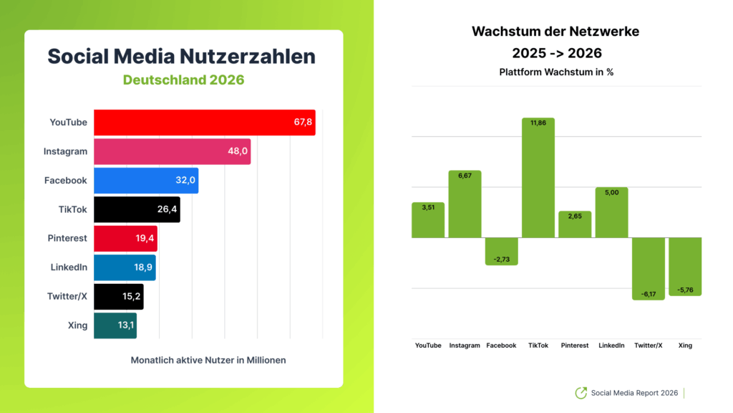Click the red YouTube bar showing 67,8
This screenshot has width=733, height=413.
click(204, 123)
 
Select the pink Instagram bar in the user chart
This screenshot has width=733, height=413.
click(172, 152)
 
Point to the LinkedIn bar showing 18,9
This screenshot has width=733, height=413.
click(125, 267)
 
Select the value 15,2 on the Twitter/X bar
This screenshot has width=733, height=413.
click(131, 296)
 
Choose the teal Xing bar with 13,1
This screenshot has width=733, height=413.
click(115, 325)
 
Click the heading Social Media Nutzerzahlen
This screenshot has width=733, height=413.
click(182, 57)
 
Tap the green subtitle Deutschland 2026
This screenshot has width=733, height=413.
click(183, 80)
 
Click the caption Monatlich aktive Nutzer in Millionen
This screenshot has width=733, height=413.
click(208, 360)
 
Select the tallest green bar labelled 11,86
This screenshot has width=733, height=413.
click(538, 177)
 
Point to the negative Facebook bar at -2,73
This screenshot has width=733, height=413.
click(501, 251)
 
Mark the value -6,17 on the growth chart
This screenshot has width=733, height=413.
click(649, 294)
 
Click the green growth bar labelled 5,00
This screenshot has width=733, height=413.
click(611, 212)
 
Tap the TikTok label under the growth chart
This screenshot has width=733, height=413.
click(538, 346)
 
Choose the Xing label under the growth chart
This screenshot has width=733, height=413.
click(685, 346)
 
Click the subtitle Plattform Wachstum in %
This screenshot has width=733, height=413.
click(556, 72)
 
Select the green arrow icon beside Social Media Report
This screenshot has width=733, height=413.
click(581, 393)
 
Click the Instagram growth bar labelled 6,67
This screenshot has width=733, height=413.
click(465, 204)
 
